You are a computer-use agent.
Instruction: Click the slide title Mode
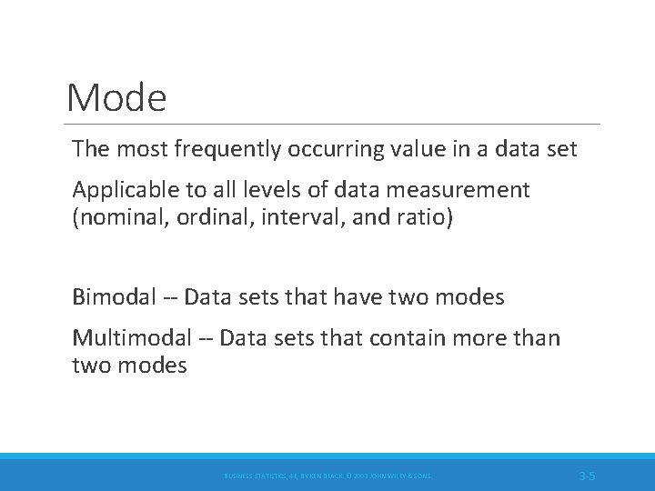coord(116,97)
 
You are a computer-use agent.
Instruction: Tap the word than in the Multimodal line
coord(539,339)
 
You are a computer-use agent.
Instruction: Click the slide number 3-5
coord(587,475)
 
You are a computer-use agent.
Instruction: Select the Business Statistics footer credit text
coord(327,476)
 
